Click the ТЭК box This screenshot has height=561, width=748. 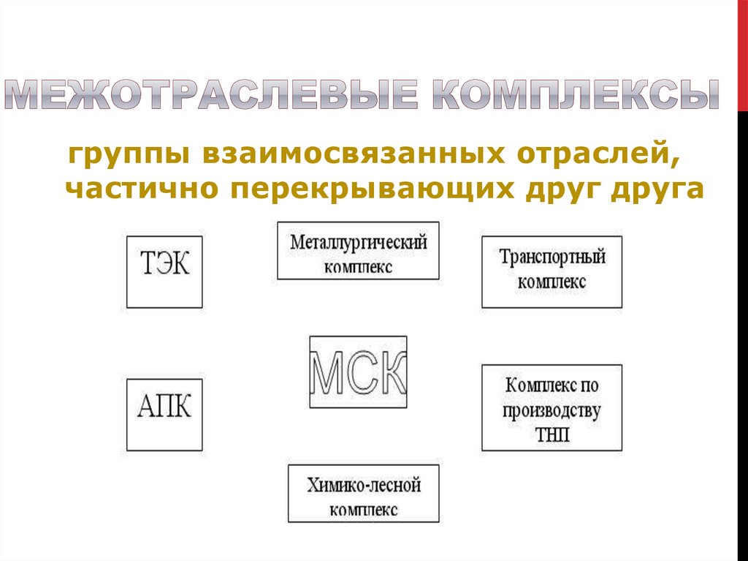click(164, 271)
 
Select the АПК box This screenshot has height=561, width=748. click(164, 415)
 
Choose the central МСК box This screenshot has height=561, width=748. click(358, 372)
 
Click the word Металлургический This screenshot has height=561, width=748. click(358, 242)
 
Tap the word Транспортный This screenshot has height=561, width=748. click(552, 258)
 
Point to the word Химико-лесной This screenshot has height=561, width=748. click(364, 485)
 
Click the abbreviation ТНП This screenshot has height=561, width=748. click(552, 435)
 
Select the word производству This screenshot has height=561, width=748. click(552, 410)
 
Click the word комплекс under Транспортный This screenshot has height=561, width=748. click(552, 282)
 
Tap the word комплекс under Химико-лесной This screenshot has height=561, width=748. click(364, 509)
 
